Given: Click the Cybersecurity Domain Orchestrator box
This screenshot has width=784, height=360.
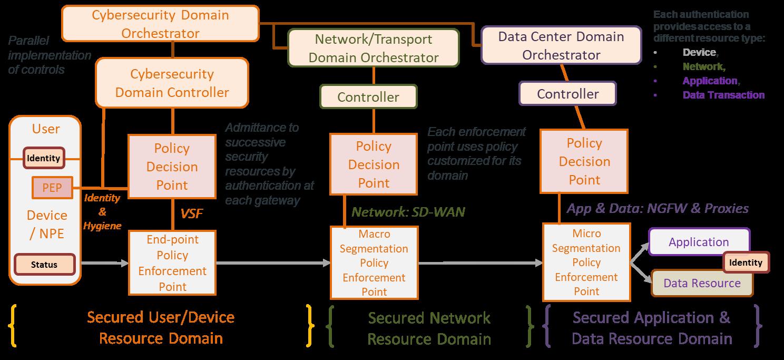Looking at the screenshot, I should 161,24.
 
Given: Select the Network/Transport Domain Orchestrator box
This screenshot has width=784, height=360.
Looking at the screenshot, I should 374,48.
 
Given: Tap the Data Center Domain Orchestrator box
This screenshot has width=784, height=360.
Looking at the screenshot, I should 561,46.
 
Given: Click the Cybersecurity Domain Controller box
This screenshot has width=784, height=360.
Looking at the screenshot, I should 172,83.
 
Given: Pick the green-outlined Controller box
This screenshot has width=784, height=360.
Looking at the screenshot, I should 368,97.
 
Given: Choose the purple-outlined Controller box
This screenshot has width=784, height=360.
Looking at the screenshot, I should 567,94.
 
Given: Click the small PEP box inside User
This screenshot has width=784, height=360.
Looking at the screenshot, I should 52,188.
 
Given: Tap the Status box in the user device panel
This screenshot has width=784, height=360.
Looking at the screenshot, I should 44,264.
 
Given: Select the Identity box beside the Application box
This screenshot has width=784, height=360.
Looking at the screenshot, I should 746,262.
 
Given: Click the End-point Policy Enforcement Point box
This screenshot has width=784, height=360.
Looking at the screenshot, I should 172,263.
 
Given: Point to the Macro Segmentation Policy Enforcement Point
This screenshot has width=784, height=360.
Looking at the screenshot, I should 374,262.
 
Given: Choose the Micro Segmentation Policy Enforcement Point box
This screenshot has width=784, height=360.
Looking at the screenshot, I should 586,262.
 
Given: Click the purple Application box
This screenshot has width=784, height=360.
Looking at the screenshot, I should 699,242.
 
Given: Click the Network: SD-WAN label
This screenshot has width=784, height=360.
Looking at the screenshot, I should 408,212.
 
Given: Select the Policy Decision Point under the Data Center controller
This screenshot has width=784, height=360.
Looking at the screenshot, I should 584,161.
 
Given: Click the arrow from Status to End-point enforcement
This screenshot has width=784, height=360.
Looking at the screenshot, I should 105,262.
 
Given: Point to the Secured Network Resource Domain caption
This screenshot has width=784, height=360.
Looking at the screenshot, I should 429,328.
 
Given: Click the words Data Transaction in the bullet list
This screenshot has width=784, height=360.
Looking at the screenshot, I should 723,95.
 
